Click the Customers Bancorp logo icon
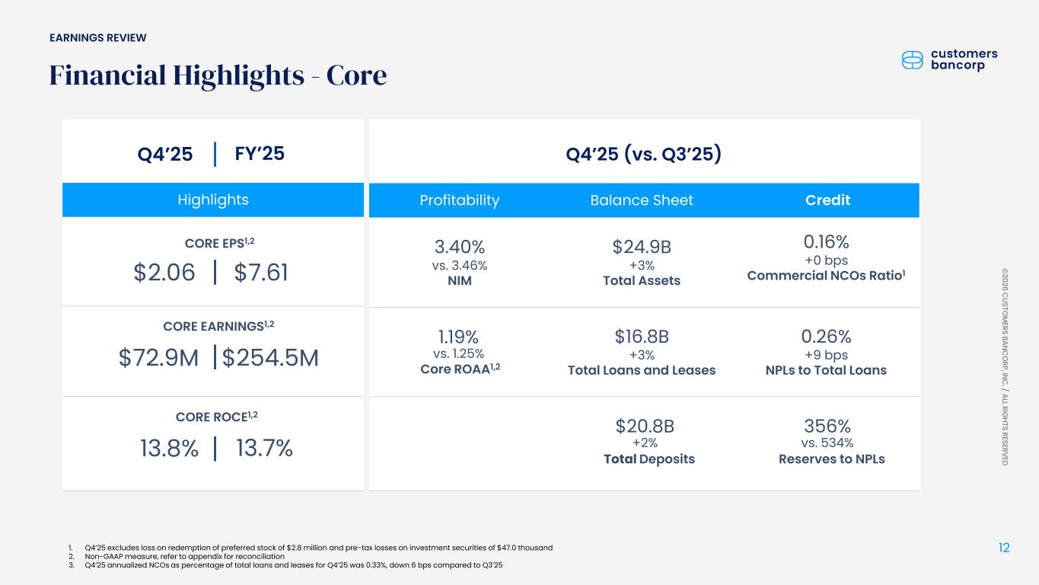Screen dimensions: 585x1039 coord(912,60)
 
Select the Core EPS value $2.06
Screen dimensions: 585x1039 coord(164,272)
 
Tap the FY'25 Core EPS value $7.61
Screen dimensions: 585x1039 coord(261,272)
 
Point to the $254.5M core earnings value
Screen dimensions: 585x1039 coord(270,358)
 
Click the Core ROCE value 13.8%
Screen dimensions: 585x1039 coord(169,449)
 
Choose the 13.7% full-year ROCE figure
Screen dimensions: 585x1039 coord(265,449)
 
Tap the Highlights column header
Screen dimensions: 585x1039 coord(213,200)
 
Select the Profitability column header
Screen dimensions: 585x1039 coord(460,200)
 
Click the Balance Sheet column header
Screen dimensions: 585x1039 coord(642,200)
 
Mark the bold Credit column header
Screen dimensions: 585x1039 coord(827,200)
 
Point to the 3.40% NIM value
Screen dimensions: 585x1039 coord(460,247)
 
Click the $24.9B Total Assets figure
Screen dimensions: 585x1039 coord(642,247)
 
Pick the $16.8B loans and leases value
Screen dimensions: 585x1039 coord(642,337)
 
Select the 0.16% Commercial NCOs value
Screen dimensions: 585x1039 coord(827,242)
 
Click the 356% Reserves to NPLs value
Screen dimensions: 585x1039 coord(827,426)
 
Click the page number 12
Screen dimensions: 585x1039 coord(1004,548)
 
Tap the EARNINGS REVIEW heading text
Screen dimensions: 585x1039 coord(98,38)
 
